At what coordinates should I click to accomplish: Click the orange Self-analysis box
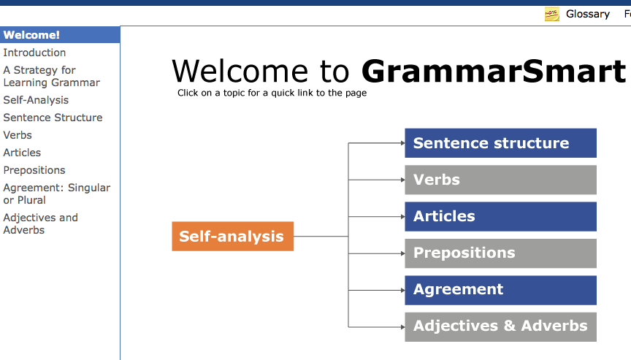tap(232, 236)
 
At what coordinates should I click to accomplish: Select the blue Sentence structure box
tap(500, 143)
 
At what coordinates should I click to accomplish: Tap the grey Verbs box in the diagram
tap(500, 180)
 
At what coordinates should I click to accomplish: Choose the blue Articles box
tap(500, 216)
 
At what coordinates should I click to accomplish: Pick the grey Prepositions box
tap(500, 253)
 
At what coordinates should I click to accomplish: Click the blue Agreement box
tap(500, 290)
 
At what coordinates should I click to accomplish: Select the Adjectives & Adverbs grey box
tap(500, 327)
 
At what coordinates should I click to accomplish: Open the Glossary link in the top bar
tap(587, 14)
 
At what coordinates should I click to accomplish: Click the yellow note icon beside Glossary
tap(551, 14)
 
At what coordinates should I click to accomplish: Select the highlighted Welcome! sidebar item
tap(60, 35)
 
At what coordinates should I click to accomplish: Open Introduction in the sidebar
tap(34, 53)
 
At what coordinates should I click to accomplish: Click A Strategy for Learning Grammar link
tap(52, 76)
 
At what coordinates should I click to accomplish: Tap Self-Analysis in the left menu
tap(36, 100)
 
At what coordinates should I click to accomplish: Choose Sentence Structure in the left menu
tap(53, 118)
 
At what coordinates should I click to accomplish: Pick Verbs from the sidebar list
tap(18, 135)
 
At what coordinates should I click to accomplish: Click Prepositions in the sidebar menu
tap(34, 170)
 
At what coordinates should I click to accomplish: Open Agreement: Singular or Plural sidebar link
tap(57, 194)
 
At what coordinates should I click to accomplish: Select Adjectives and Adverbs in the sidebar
tap(41, 223)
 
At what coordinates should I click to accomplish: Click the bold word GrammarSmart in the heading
tap(494, 71)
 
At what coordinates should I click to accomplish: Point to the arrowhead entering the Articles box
tap(403, 216)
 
